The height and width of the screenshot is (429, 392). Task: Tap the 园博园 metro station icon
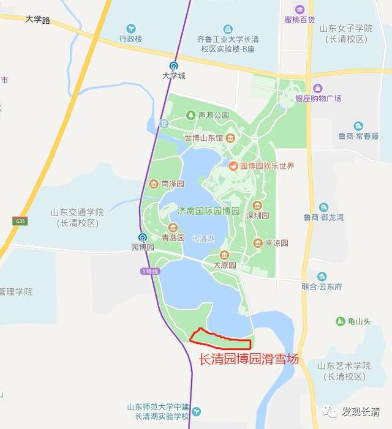pyautogui.click(x=142, y=237)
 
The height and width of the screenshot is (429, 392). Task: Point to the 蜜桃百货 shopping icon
pyautogui.click(x=300, y=9)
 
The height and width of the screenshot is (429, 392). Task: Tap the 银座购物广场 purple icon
pyautogui.click(x=317, y=88)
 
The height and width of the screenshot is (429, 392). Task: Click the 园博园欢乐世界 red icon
pyautogui.click(x=233, y=166)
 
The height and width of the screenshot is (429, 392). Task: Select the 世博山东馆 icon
pyautogui.click(x=230, y=137)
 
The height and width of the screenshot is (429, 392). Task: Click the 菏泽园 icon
pyautogui.click(x=154, y=184)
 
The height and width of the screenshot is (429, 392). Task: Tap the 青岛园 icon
pyautogui.click(x=173, y=228)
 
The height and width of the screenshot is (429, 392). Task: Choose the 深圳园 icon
pyautogui.click(x=257, y=206)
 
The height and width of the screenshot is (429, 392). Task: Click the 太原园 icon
pyautogui.click(x=224, y=255)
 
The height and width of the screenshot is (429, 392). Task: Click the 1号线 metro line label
pyautogui.click(x=149, y=271)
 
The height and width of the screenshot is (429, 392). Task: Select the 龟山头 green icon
pyautogui.click(x=340, y=321)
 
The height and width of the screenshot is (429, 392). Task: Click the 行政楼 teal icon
pyautogui.click(x=130, y=28)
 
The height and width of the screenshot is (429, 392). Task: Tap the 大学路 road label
pyautogui.click(x=38, y=20)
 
